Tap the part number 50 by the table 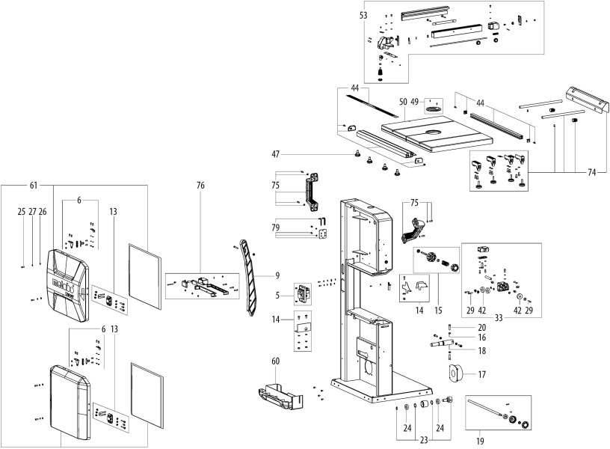point(402,100)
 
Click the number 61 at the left point(33,184)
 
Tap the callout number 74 point(593,171)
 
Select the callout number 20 point(481,326)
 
